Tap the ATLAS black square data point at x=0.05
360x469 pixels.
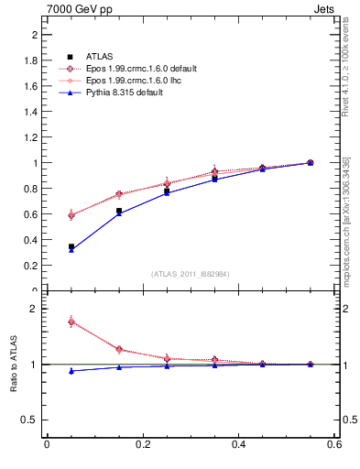click(71, 246)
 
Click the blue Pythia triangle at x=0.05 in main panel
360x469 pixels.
click(71, 250)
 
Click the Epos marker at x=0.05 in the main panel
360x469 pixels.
click(71, 215)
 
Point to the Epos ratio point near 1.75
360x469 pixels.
click(71, 322)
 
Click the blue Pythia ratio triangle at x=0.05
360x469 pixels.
click(71, 371)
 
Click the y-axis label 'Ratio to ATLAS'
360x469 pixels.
click(14, 365)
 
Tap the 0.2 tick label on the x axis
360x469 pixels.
click(142, 445)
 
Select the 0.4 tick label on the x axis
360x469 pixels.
click(238, 445)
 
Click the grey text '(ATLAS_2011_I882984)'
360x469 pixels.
click(191, 274)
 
